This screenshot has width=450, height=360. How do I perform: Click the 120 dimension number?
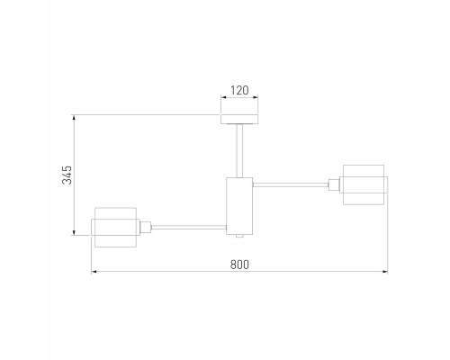pyautogui.click(x=239, y=90)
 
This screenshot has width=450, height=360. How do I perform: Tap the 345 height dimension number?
pyautogui.click(x=67, y=175)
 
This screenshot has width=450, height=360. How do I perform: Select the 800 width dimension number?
pyautogui.click(x=239, y=265)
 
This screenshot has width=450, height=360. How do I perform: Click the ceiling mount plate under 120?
pyautogui.click(x=239, y=119)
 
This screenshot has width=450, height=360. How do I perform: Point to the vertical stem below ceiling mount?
pyautogui.click(x=239, y=150)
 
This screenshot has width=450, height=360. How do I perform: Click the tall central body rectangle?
pyautogui.click(x=239, y=206)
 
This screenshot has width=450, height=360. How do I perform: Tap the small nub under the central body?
pyautogui.click(x=239, y=236)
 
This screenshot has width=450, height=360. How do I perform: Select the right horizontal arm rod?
pyautogui.click(x=291, y=184)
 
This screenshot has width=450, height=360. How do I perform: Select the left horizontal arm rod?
pyautogui.click(x=189, y=228)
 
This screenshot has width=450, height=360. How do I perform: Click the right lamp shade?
pyautogui.click(x=364, y=184)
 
